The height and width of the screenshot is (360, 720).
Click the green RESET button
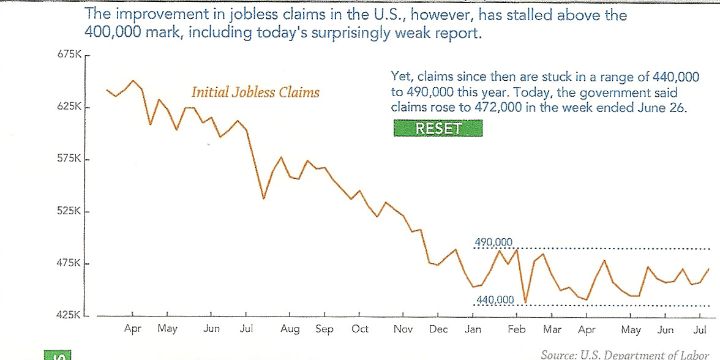click(438, 128)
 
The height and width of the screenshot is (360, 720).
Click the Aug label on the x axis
click(290, 329)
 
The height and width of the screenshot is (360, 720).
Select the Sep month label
click(324, 329)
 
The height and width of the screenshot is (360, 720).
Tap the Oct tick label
click(360, 329)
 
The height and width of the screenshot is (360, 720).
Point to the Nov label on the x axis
click(403, 329)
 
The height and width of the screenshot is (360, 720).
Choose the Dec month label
click(438, 329)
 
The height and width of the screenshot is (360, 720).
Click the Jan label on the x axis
click(473, 329)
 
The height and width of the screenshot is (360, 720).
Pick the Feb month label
click(517, 329)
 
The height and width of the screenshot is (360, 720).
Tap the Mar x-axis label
click(552, 329)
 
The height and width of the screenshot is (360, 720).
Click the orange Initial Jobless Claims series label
click(255, 92)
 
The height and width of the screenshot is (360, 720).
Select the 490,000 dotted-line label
click(493, 243)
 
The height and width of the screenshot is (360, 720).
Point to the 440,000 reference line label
click(494, 299)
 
